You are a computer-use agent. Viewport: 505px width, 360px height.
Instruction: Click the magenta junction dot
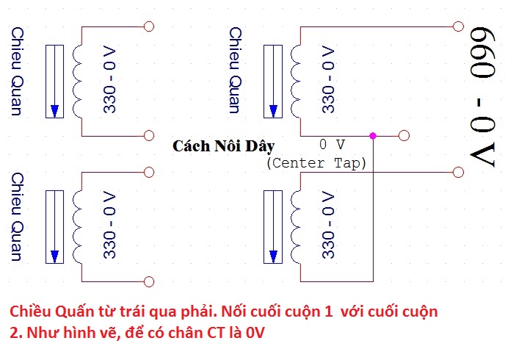pos(373,135)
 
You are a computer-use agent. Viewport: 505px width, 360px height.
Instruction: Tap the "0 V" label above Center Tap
pos(333,144)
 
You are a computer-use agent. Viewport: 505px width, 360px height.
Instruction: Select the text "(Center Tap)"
pos(316,162)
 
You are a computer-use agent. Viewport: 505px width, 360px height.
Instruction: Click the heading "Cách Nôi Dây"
pos(223,146)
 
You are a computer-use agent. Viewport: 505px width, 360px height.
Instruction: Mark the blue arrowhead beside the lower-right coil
pos(274,256)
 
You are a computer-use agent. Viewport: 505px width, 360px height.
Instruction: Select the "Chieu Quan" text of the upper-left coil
pos(17,72)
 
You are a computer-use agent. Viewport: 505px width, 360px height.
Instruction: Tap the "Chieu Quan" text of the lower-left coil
pos(17,217)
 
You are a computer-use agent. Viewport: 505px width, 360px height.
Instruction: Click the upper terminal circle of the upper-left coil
pos(150,27)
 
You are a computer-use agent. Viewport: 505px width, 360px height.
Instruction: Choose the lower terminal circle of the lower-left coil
pos(150,281)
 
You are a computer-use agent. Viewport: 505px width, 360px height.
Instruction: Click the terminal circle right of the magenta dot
pos(403,135)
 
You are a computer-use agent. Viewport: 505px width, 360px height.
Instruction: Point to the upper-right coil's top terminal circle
pos(459,27)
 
